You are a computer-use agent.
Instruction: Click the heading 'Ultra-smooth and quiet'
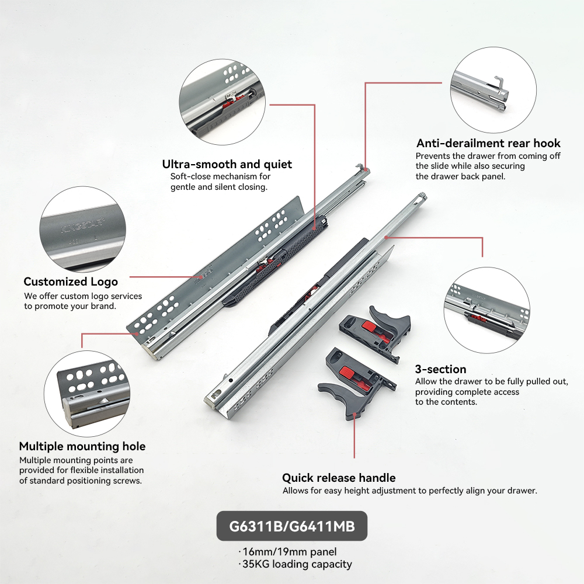tap(227, 164)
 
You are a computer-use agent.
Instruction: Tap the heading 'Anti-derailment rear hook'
tap(488, 143)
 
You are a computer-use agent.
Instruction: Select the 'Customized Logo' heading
tap(71, 282)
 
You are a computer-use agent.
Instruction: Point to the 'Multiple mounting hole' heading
tap(82, 446)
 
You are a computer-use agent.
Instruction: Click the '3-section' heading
tap(440, 369)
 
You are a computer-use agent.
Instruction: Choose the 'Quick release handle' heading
tap(339, 478)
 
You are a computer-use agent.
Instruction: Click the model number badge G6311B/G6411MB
tap(292, 526)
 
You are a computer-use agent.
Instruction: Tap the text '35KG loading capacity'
tap(297, 564)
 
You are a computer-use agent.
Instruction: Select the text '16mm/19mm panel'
tap(290, 552)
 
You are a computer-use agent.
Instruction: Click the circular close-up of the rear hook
tap(493, 90)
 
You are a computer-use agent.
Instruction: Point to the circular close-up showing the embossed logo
tap(83, 229)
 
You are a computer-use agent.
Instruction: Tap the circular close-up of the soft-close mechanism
tap(223, 102)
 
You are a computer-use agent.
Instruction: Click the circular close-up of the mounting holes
tap(87, 393)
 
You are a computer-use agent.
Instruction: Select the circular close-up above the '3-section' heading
tap(487, 310)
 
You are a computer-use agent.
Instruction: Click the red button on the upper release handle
tap(370, 327)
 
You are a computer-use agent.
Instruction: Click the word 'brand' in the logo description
tap(103, 306)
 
